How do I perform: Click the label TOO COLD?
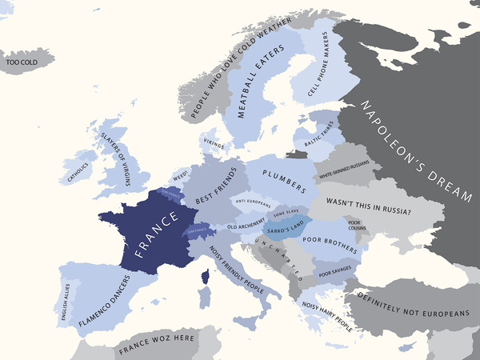point(22,61)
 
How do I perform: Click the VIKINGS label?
point(214,144)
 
